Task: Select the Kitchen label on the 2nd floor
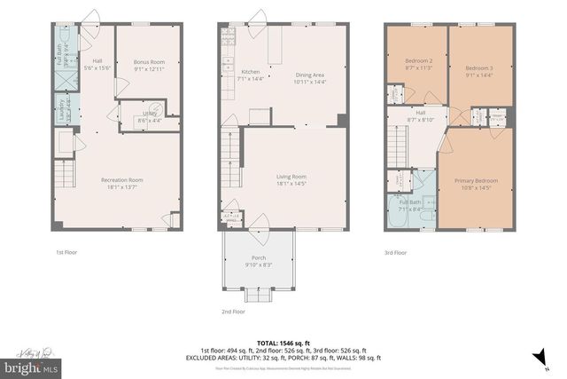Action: click(x=250, y=75)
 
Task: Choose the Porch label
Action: click(x=258, y=258)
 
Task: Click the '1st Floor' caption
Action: click(x=66, y=252)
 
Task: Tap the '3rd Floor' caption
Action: click(x=395, y=252)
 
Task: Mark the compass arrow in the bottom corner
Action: click(x=535, y=356)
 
